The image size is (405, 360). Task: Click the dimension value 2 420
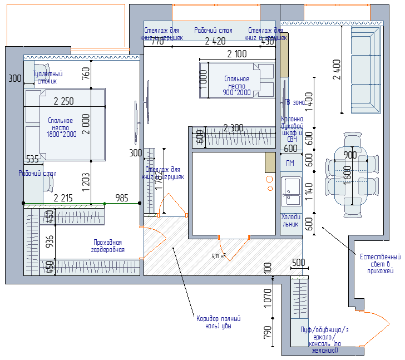215,41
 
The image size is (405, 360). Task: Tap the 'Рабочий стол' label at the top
213,30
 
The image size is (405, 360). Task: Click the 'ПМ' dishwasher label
290,163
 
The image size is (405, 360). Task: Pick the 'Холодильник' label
290,220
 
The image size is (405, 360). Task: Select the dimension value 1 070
268,299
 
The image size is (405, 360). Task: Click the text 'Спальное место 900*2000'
236,86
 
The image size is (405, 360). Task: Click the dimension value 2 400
337,70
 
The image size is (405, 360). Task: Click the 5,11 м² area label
218,257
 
